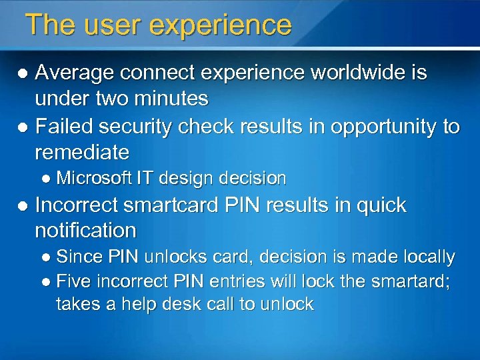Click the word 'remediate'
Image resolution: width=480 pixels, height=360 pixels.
click(x=82, y=153)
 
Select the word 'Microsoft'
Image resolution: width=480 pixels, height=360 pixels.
click(x=94, y=178)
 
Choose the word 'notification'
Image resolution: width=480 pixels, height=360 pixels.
click(x=85, y=231)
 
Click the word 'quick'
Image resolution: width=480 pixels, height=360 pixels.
click(x=376, y=205)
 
